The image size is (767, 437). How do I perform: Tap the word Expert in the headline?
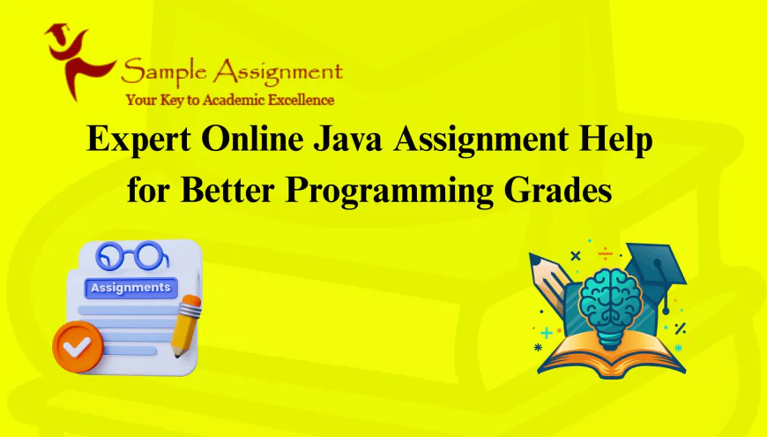(x=140, y=142)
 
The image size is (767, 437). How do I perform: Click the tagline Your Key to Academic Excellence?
(x=229, y=99)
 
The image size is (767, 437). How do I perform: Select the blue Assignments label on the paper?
(x=129, y=288)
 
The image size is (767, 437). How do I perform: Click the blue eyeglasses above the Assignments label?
(x=132, y=256)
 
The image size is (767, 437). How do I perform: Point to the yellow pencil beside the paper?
(x=187, y=325)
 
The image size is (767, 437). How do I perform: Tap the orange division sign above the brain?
(x=605, y=253)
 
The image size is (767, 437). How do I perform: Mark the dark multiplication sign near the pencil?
(x=576, y=256)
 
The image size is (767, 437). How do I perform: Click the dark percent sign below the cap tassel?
(x=680, y=328)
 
